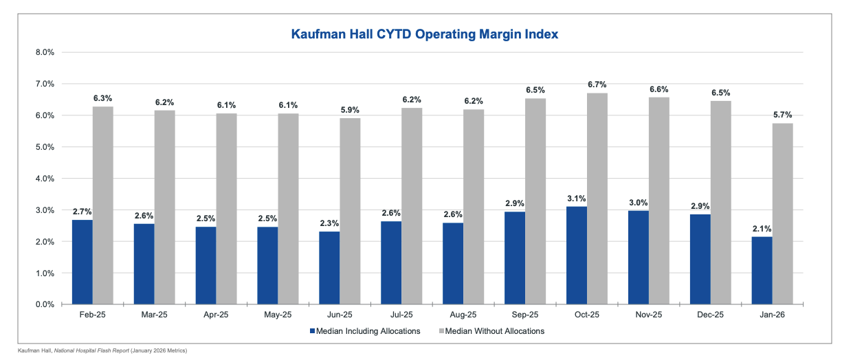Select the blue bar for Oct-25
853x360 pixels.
(577, 255)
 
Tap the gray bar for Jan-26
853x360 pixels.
(782, 213)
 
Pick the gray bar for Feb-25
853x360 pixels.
(103, 205)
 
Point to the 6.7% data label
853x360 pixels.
(597, 84)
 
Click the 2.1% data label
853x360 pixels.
(762, 228)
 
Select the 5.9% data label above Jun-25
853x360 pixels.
(350, 109)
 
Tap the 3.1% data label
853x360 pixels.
(577, 198)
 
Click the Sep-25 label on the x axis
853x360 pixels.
(524, 315)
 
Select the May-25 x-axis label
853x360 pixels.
(278, 315)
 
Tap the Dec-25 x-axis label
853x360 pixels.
(710, 315)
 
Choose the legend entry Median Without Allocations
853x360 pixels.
(495, 331)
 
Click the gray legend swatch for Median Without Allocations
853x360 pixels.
(441, 331)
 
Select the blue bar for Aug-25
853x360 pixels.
(453, 263)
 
